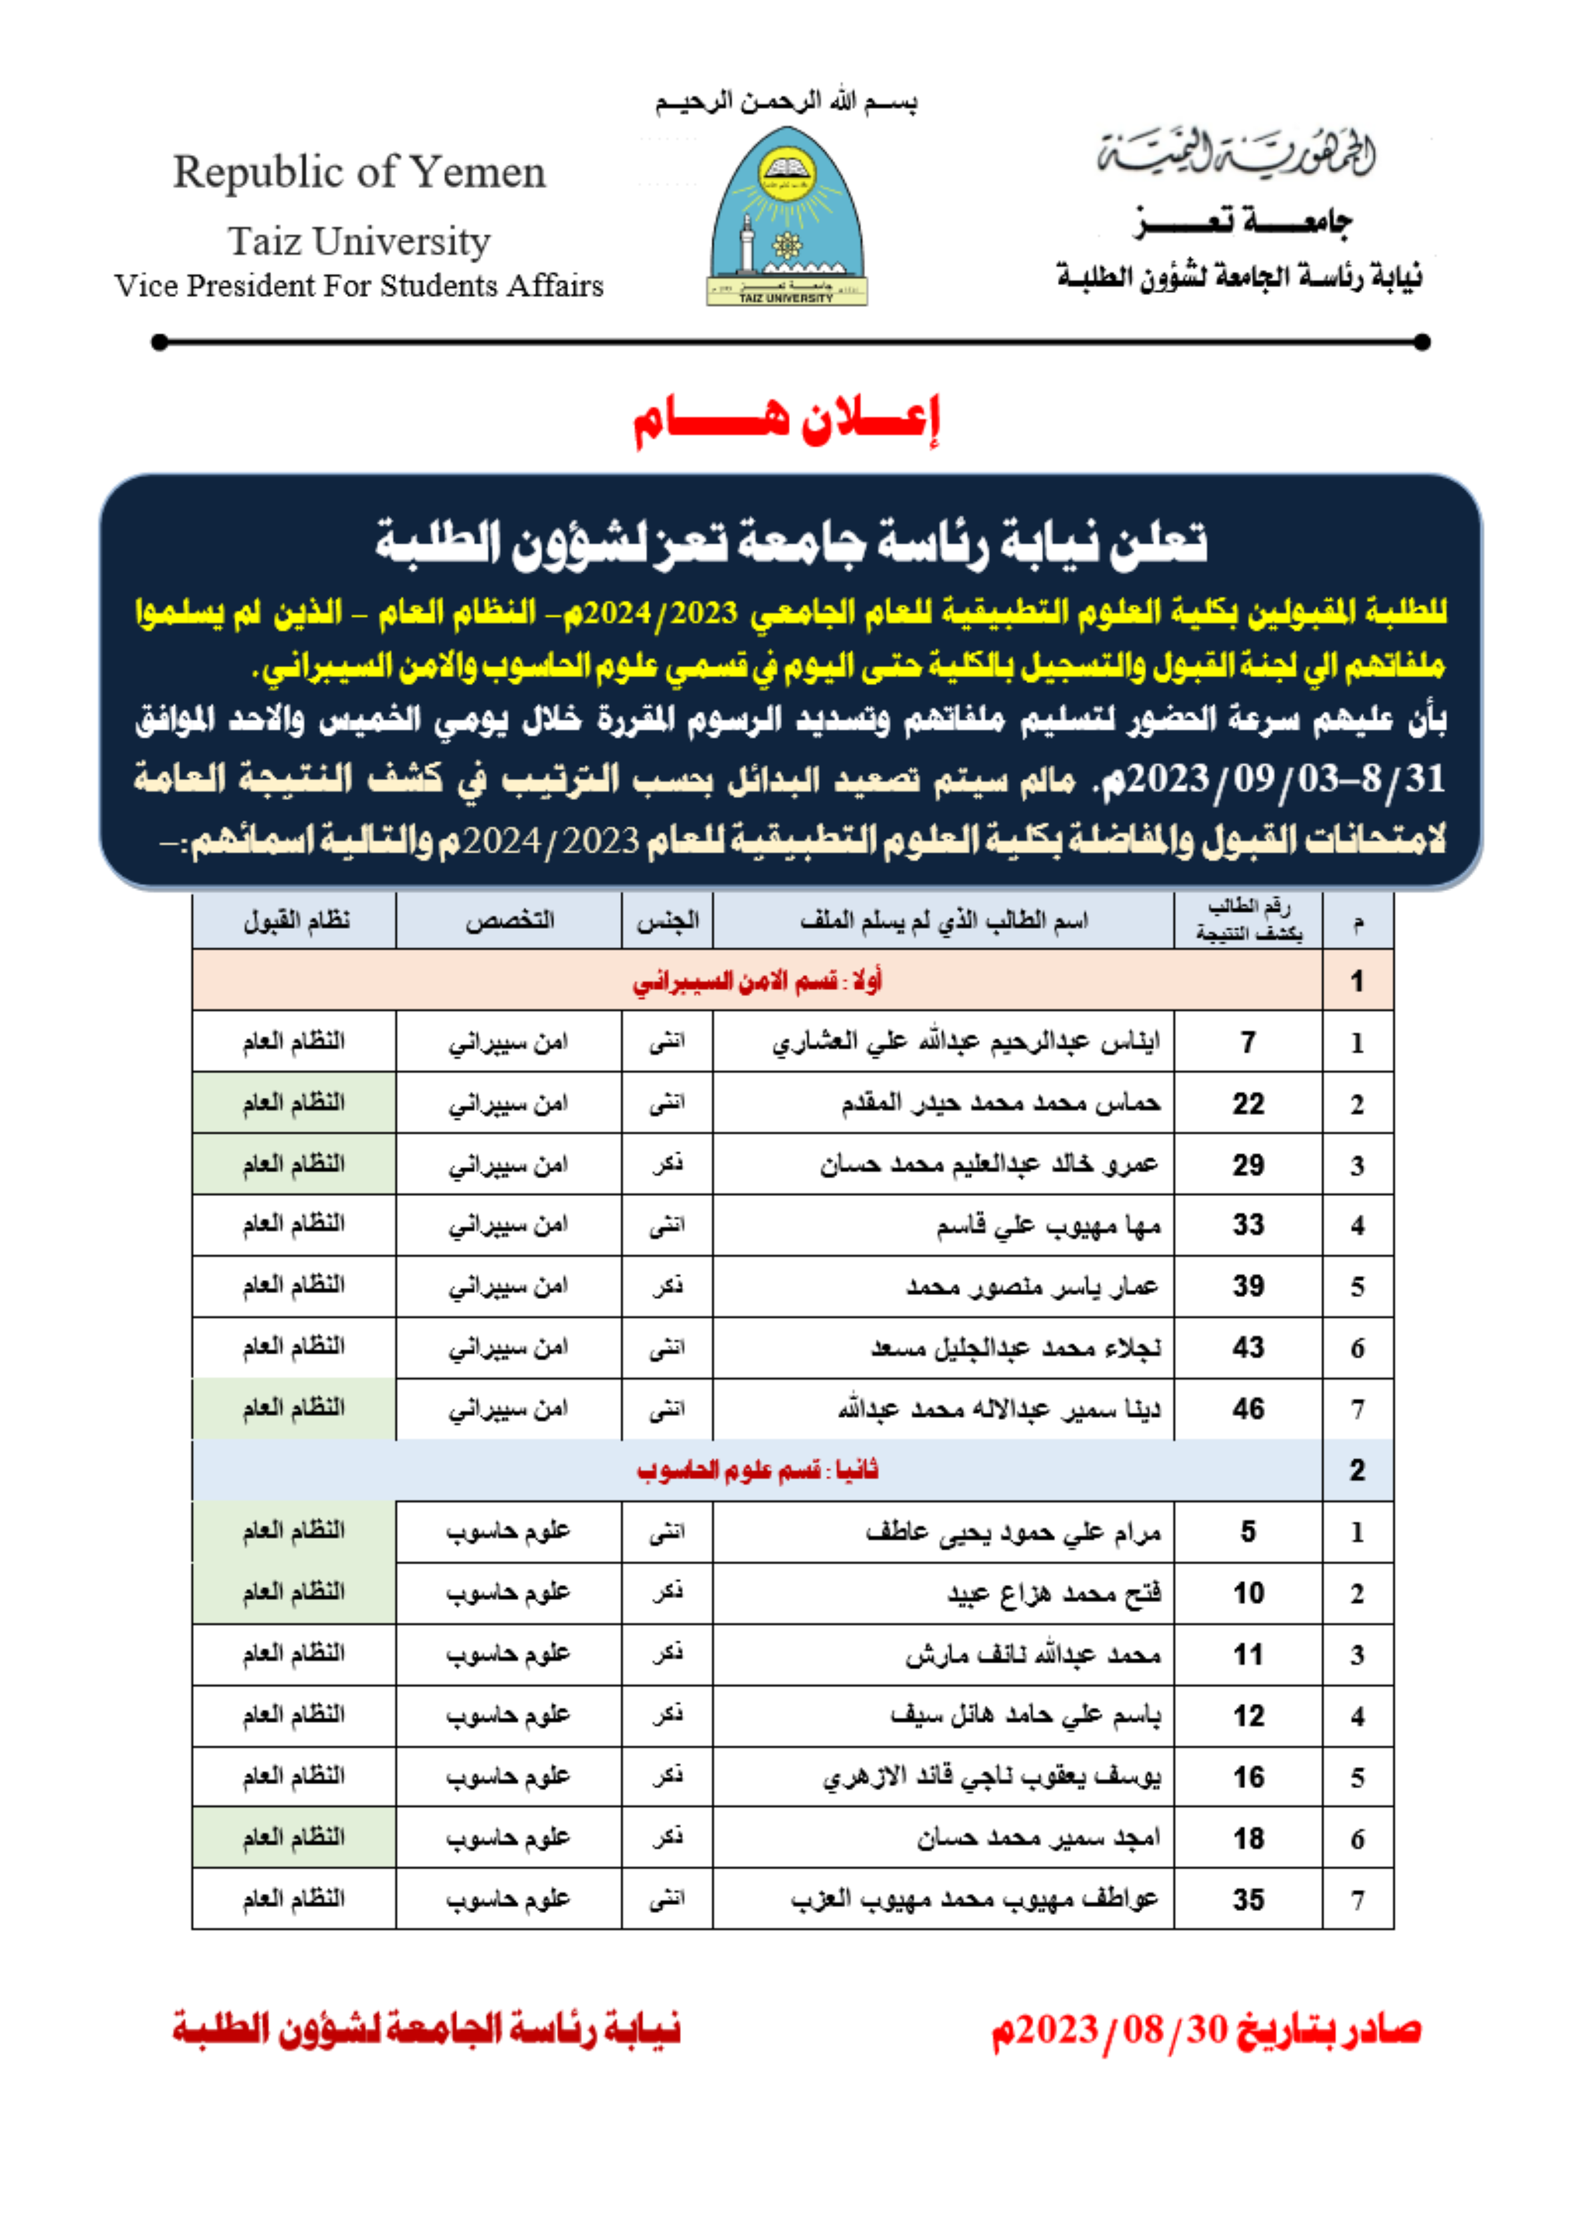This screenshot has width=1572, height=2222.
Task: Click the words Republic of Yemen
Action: coord(359,172)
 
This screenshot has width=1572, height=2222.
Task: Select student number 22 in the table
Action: coord(1248,1104)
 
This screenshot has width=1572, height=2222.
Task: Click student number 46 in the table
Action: coord(1248,1409)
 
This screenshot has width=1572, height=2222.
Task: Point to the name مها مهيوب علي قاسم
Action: coord(1048,1226)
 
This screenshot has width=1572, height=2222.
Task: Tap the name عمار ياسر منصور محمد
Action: coord(1033,1287)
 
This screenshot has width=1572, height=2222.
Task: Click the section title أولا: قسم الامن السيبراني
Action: coord(757,982)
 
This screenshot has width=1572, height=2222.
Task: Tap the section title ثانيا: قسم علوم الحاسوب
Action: coord(757,1470)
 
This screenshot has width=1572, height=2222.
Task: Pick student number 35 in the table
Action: coord(1248,1900)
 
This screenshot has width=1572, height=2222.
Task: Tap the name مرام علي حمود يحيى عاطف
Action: coord(1013,1532)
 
